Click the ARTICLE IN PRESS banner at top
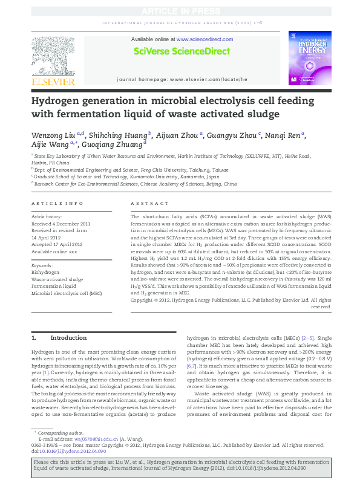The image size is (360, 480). point(179,11)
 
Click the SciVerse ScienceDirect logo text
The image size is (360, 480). point(180,51)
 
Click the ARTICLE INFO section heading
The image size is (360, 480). point(57,204)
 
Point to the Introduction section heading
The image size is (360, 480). point(68,338)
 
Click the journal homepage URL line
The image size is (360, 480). point(182,79)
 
